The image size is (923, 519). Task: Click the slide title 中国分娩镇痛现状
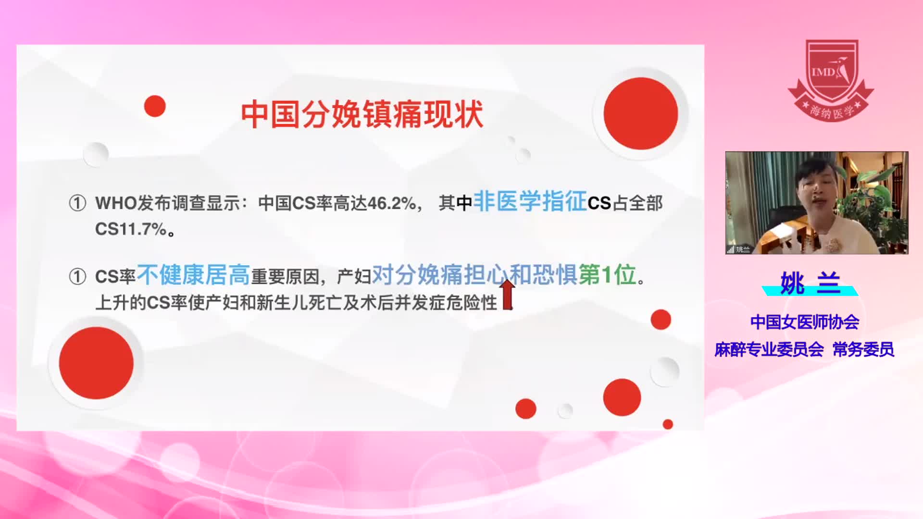click(362, 114)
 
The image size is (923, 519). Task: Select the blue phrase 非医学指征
click(530, 201)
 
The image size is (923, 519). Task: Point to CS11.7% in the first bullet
click(131, 229)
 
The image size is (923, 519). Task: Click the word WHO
click(116, 203)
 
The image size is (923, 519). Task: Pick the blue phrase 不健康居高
click(193, 275)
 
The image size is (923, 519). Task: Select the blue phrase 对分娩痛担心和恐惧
click(474, 275)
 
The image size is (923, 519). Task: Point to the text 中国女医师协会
click(805, 322)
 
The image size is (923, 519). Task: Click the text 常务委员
click(863, 349)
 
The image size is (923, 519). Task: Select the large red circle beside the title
click(640, 113)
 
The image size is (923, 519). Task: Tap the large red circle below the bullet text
click(96, 363)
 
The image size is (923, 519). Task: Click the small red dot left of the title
click(155, 106)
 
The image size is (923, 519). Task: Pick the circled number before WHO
click(77, 203)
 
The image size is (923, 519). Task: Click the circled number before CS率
click(77, 277)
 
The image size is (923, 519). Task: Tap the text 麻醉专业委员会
click(769, 349)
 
